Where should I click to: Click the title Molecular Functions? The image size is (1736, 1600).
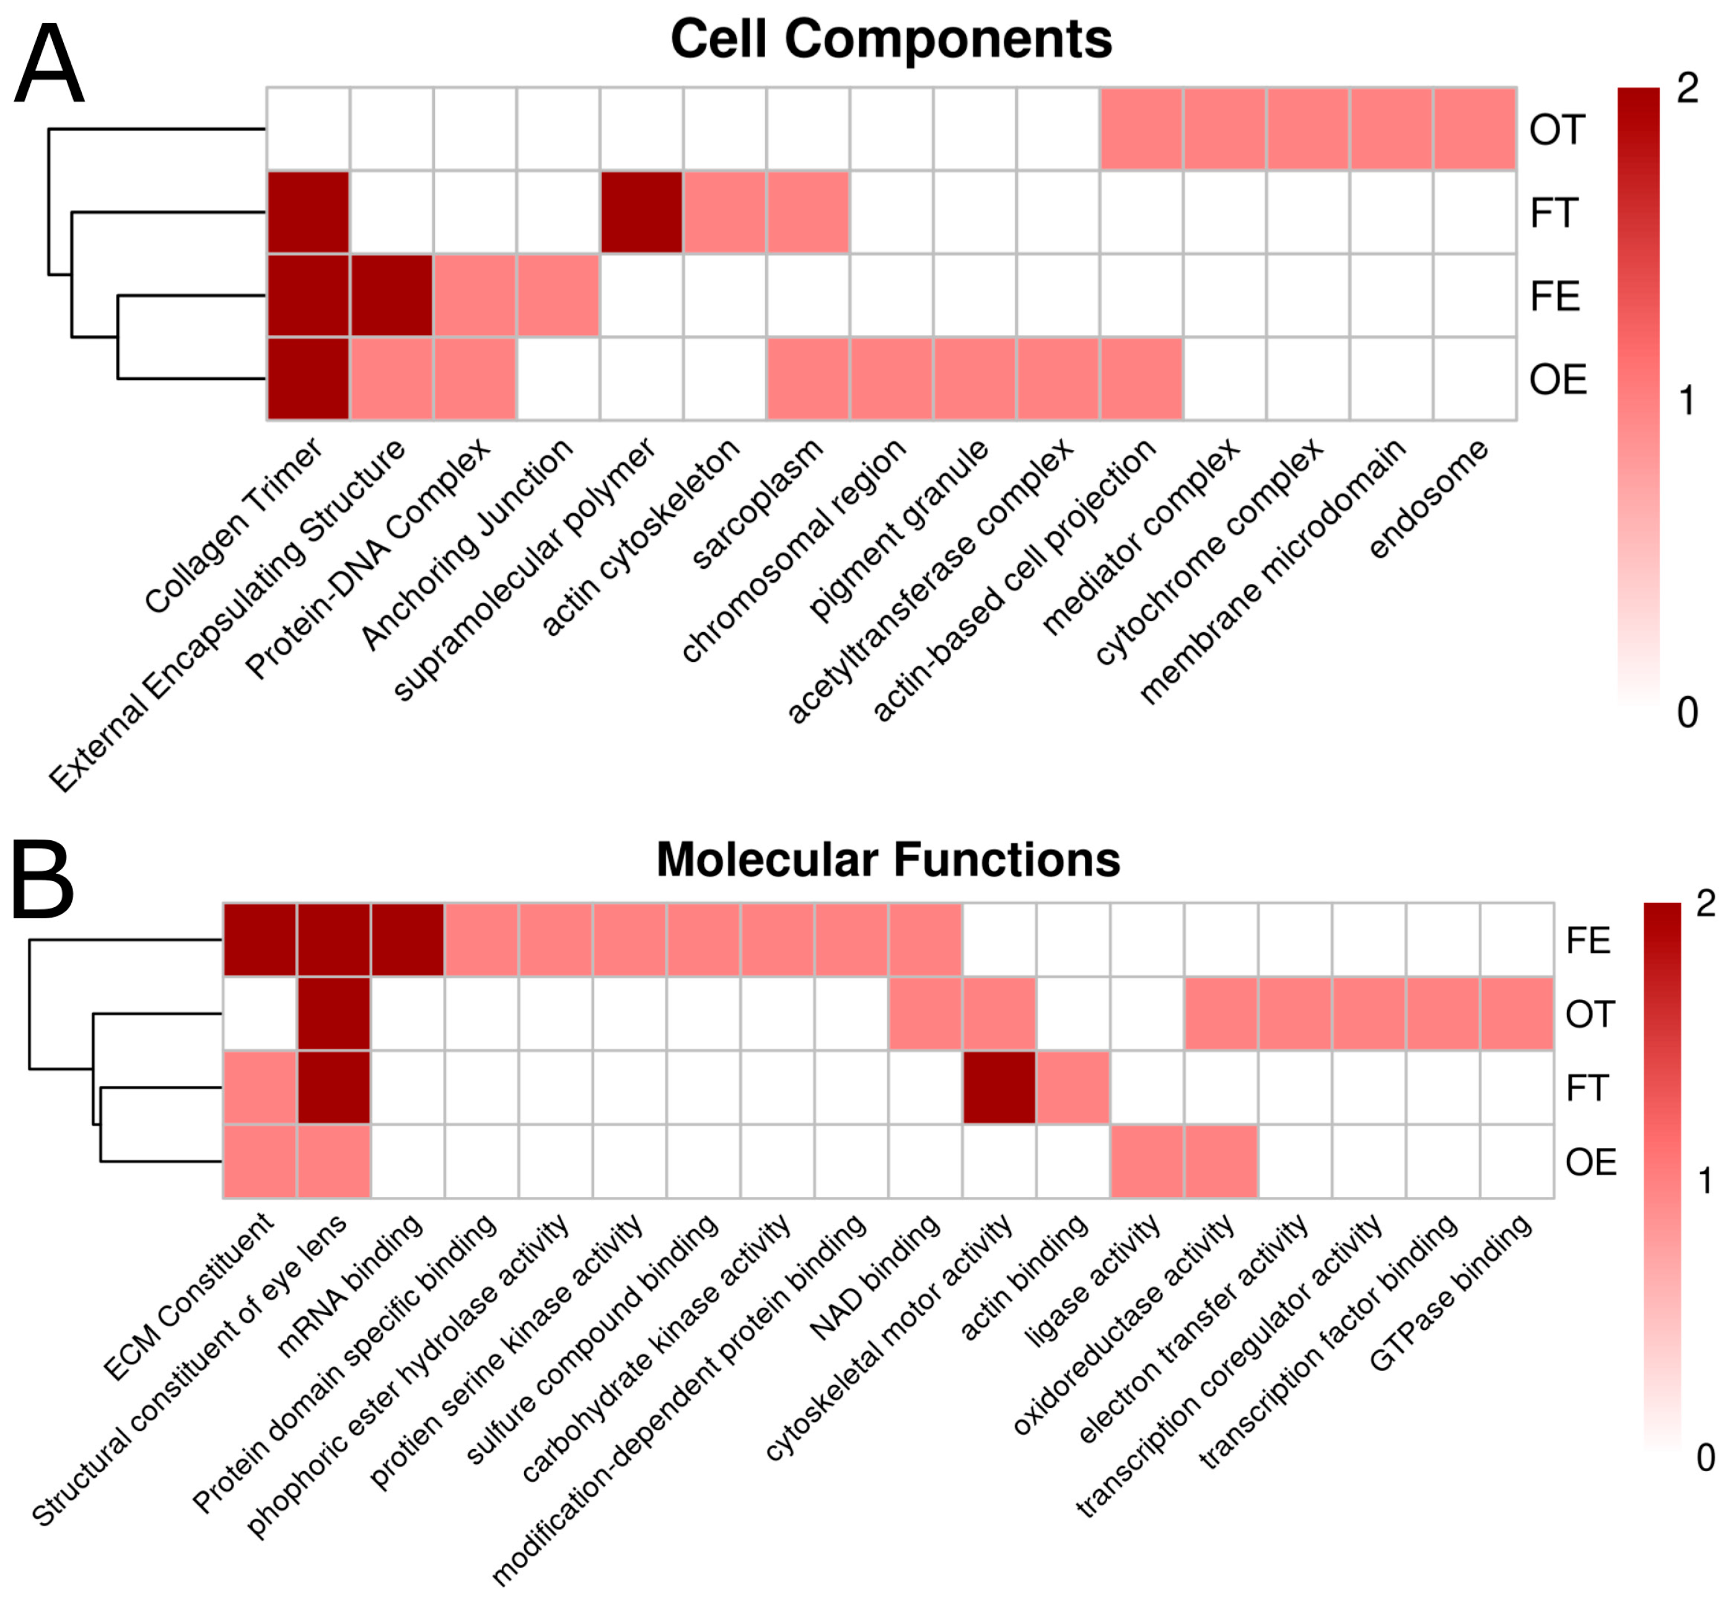[888, 859]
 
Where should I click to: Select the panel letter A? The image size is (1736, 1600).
[50, 65]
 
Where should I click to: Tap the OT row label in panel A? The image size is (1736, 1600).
[1557, 130]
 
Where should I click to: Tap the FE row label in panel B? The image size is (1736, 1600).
[1587, 941]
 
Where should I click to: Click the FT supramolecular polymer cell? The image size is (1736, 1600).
[641, 212]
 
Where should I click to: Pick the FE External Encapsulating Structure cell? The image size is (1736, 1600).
[391, 295]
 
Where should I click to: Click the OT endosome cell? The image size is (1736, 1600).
[1475, 129]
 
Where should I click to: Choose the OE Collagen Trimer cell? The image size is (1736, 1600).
[309, 378]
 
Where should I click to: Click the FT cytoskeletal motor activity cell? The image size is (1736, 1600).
[999, 1087]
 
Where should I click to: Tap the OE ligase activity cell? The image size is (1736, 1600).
[1147, 1161]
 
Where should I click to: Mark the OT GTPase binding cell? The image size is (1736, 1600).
[1516, 1014]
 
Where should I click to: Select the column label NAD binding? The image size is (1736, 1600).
[875, 1276]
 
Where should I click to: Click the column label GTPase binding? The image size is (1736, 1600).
[1451, 1292]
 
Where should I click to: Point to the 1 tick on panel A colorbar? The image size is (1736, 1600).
[1686, 401]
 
